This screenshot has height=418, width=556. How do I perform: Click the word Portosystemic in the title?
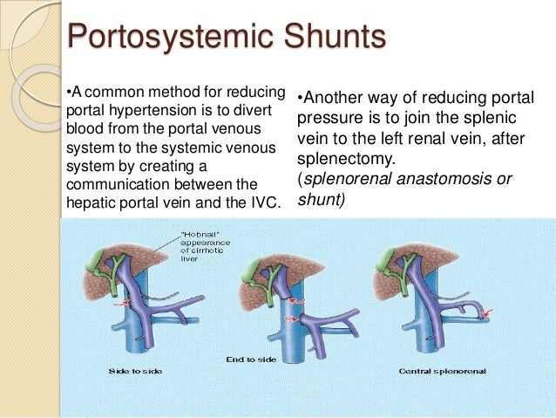pyautogui.click(x=162, y=38)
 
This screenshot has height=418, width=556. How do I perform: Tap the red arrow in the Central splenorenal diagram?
pyautogui.click(x=489, y=312)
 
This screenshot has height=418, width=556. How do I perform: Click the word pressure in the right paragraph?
pyautogui.click(x=328, y=118)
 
